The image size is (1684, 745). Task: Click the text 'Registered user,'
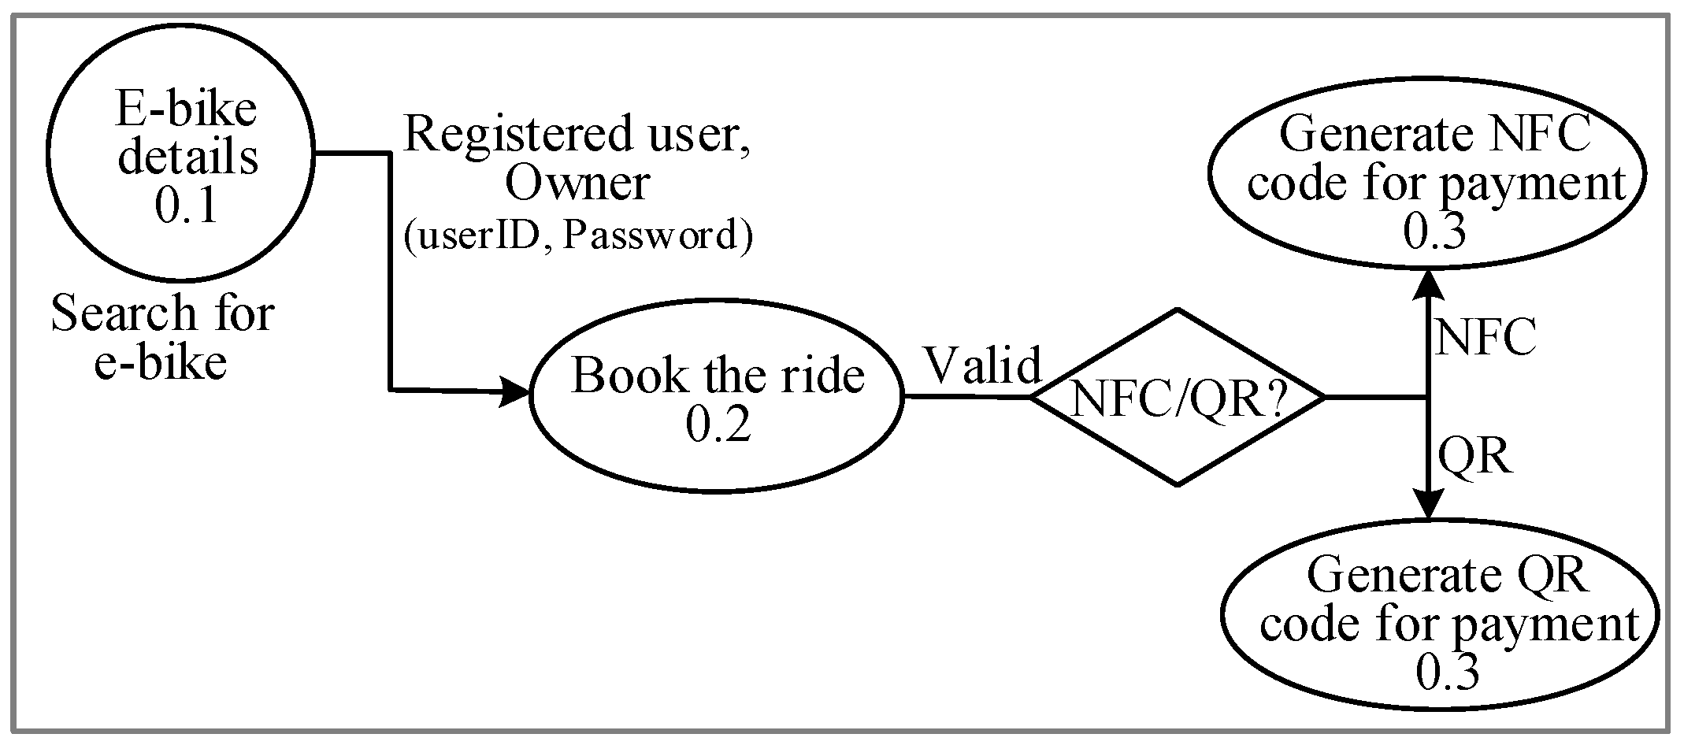(x=577, y=133)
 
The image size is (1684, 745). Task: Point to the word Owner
(x=577, y=183)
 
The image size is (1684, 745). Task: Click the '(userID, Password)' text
(x=577, y=235)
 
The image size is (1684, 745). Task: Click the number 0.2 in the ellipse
(x=718, y=424)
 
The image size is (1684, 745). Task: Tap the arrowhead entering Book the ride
(x=515, y=391)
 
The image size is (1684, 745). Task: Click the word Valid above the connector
(x=983, y=365)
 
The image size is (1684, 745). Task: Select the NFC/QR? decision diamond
(x=1178, y=397)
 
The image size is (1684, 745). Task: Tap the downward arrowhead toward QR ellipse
(x=1428, y=504)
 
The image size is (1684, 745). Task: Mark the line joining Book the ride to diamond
(x=966, y=396)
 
